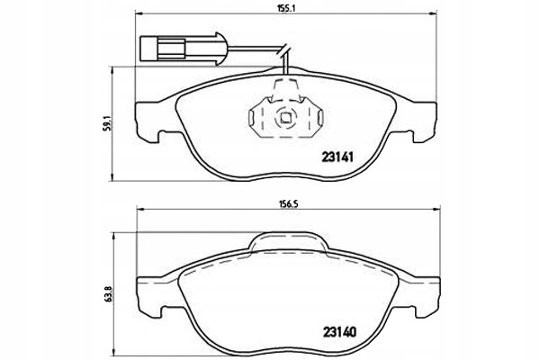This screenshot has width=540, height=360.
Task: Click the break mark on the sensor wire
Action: [x=285, y=50]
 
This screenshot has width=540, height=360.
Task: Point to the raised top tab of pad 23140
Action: [x=290, y=240]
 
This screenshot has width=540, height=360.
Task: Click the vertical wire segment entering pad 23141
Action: [x=285, y=65]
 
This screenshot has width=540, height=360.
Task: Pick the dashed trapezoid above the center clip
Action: [x=285, y=87]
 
